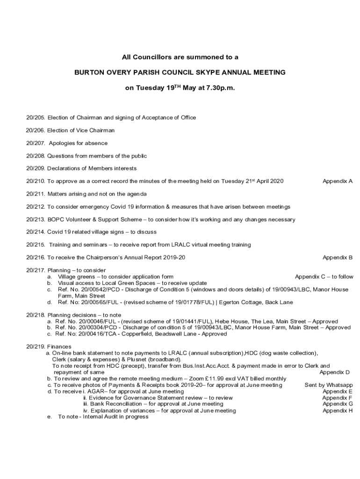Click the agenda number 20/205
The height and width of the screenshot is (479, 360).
(36, 117)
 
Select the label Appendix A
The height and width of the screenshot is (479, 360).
(338, 181)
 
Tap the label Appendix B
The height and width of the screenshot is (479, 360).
(338, 257)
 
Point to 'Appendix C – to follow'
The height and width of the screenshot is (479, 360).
(324, 276)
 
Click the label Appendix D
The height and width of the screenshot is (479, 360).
(335, 372)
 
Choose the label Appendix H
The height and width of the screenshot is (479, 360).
(338, 411)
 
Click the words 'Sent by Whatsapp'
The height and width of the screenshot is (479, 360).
(329, 385)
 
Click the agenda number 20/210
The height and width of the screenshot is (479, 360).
(36, 181)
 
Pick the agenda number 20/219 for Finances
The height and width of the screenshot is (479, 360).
(36, 347)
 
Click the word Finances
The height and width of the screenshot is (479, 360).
(59, 347)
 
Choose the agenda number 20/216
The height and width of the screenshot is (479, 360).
(36, 257)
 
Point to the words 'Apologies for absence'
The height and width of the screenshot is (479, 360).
(78, 143)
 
